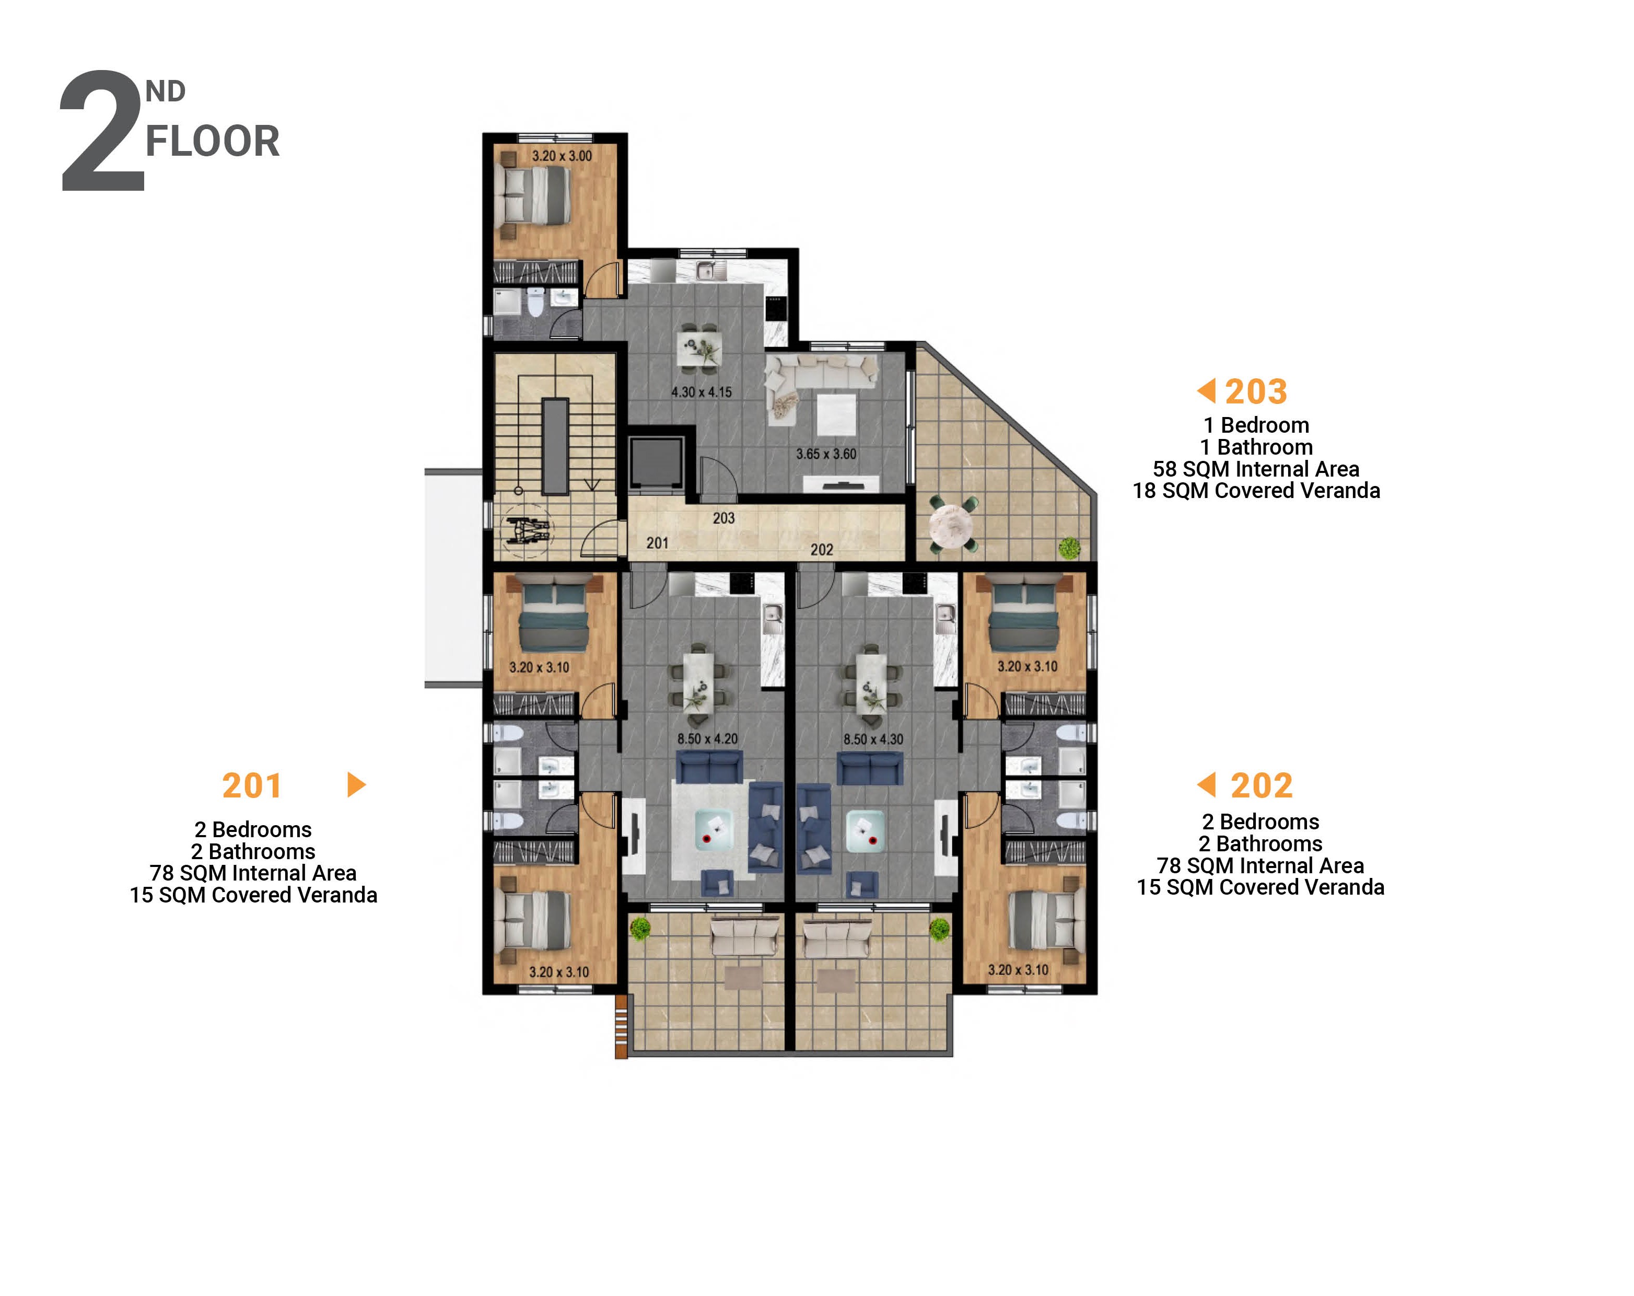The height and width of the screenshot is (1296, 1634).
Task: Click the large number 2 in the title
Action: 102,133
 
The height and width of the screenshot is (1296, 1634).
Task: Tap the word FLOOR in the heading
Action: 212,142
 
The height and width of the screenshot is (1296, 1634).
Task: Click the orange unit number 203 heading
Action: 1256,392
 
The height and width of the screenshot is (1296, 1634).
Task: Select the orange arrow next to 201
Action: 355,785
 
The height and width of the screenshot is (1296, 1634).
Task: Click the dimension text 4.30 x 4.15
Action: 701,392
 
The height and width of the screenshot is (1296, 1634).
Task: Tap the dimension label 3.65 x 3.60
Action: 825,454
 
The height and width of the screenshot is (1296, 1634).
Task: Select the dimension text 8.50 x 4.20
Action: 707,738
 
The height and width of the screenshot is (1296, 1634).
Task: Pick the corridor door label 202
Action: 822,550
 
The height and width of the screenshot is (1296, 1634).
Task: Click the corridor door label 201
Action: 657,543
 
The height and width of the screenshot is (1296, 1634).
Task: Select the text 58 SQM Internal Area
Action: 1256,469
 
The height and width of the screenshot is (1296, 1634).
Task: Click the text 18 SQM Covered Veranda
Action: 1256,491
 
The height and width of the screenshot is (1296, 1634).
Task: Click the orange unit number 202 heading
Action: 1261,785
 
